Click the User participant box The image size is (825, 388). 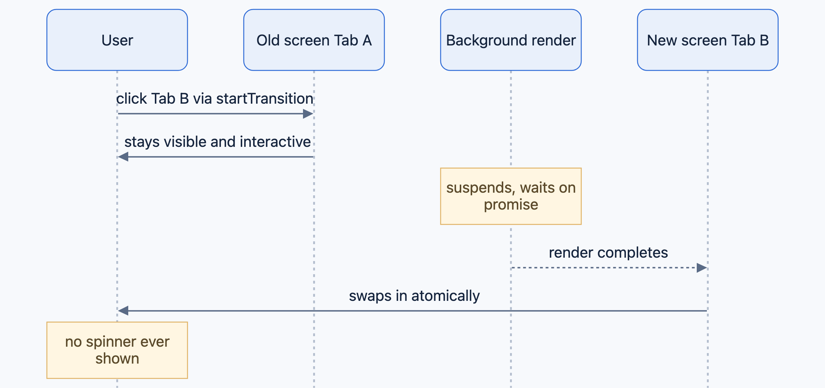pos(117,40)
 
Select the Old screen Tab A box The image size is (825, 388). pos(314,40)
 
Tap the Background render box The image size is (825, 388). pos(511,40)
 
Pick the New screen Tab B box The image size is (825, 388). pos(708,40)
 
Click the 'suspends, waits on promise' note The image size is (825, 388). pos(511,196)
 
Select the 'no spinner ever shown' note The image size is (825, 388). pos(117,350)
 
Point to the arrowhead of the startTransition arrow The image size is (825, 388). pos(308,114)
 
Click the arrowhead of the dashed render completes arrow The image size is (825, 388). pos(702,268)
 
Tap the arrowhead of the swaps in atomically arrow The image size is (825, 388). pos(123,311)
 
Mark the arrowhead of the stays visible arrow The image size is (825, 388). pos(123,157)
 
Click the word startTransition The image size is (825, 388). pos(265,98)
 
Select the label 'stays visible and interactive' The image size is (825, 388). pos(217,142)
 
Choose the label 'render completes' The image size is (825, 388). pos(608,253)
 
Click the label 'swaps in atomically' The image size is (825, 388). pos(414,296)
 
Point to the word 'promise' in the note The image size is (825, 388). pos(511,205)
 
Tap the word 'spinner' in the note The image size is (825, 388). pos(111,342)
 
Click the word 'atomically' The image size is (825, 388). pos(445,296)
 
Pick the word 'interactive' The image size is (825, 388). pos(275,142)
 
